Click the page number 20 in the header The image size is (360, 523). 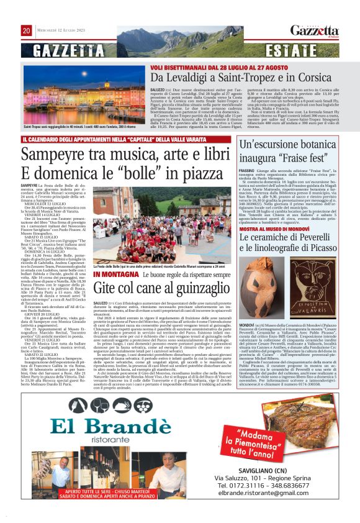(26, 30)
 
